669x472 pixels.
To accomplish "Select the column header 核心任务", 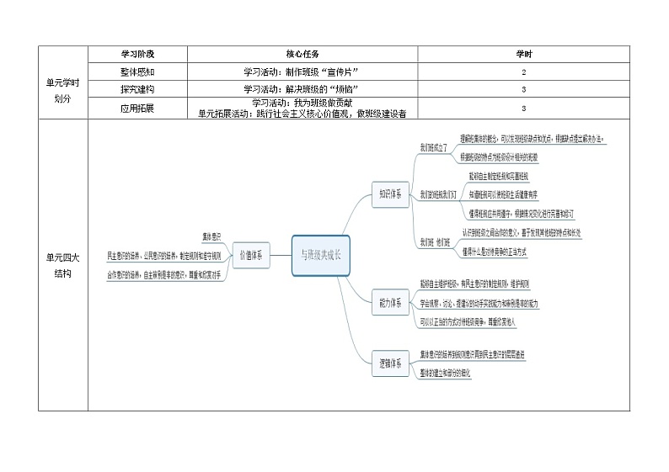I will [x=302, y=54].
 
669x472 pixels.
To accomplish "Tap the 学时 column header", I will [x=523, y=54].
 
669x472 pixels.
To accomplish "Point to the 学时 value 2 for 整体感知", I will [x=523, y=72].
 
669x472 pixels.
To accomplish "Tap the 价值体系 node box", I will [x=250, y=254].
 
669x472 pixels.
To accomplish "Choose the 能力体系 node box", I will [x=389, y=300].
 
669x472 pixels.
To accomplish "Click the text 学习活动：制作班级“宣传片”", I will [x=302, y=72].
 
